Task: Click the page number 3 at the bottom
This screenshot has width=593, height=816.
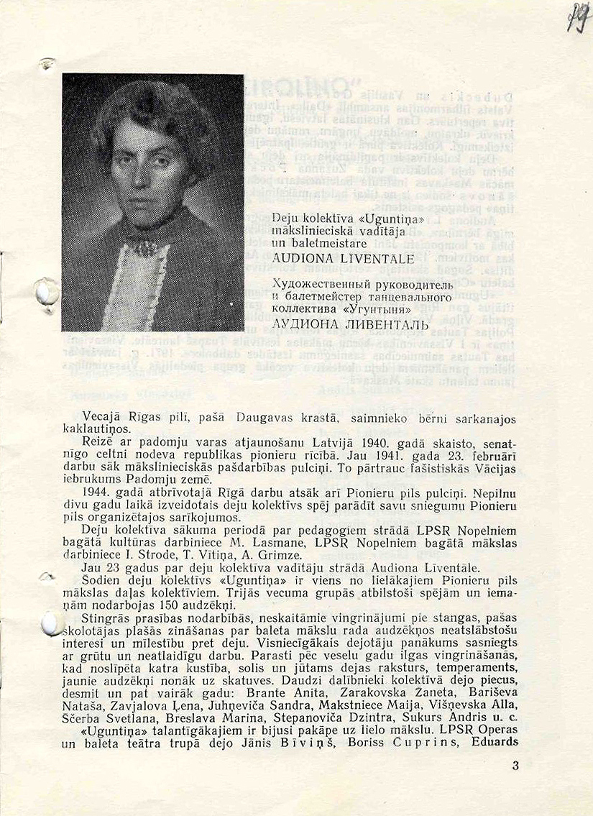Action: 515,766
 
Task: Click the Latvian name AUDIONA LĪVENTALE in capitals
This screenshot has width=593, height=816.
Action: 343,259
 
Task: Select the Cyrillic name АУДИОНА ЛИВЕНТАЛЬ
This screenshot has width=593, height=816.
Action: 351,324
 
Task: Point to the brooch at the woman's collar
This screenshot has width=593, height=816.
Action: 147,248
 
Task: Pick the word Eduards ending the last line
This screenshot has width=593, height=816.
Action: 495,741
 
